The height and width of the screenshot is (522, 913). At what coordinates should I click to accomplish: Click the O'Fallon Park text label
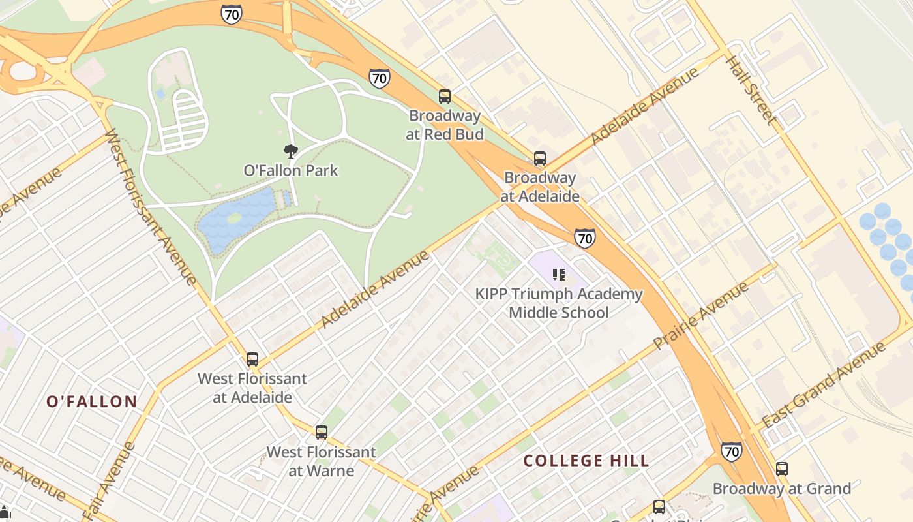[x=291, y=171]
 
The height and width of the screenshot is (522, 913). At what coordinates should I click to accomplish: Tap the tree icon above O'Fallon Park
[x=291, y=151]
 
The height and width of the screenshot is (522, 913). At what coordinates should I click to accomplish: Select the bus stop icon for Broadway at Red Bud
[x=445, y=97]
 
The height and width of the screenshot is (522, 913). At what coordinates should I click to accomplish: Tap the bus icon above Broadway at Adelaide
[x=540, y=159]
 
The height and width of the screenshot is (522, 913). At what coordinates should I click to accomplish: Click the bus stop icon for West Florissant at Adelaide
[x=252, y=360]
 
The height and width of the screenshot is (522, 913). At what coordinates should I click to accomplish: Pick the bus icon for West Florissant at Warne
[x=321, y=433]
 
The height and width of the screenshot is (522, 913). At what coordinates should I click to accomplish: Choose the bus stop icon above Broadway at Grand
[x=781, y=468]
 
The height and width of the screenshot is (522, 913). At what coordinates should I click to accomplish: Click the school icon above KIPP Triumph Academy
[x=558, y=275]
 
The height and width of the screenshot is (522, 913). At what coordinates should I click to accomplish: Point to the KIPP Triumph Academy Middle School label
[x=559, y=303]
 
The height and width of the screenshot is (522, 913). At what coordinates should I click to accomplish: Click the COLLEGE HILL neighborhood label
[x=586, y=461]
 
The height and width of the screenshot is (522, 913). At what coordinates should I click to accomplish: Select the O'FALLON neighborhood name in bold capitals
[x=92, y=402]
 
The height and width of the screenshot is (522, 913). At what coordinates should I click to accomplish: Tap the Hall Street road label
[x=752, y=91]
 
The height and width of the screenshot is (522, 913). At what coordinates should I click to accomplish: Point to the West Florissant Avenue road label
[x=150, y=207]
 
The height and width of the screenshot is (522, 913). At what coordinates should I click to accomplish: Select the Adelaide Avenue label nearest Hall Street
[x=644, y=106]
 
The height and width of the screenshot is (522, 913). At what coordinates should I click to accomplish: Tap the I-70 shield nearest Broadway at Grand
[x=731, y=451]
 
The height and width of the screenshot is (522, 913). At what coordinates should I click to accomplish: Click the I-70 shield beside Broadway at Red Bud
[x=379, y=78]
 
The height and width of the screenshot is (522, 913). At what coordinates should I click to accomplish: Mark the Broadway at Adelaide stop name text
[x=540, y=187]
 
